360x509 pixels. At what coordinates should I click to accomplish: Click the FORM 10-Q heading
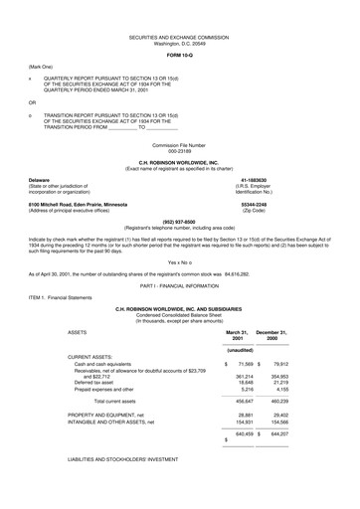click(x=179, y=54)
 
